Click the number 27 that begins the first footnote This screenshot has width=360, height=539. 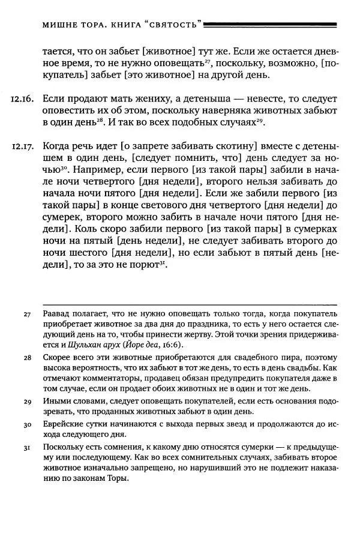[x=27, y=315]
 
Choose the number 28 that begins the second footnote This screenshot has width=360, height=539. [x=27, y=358]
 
